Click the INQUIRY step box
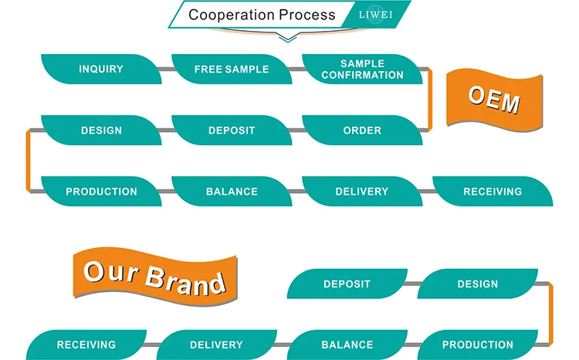tap(101, 69)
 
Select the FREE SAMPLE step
tap(232, 69)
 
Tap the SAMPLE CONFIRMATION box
tap(362, 69)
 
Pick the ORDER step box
tap(362, 130)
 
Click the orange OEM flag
tap(494, 100)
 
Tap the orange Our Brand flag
tap(155, 277)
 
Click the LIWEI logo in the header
tap(375, 15)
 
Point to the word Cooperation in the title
tap(231, 15)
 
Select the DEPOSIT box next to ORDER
tap(232, 130)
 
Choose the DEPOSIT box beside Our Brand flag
tap(347, 284)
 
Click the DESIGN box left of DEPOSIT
tap(101, 130)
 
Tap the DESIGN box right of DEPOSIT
tap(478, 284)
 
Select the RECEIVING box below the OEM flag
tap(493, 191)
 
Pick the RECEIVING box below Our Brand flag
tap(86, 345)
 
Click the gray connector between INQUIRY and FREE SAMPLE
tap(167, 69)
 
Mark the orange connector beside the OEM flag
tap(430, 100)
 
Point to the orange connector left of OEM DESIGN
tap(28, 161)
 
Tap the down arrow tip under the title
tap(288, 42)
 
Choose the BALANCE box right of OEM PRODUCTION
tap(232, 191)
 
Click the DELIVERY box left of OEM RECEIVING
tap(362, 191)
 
